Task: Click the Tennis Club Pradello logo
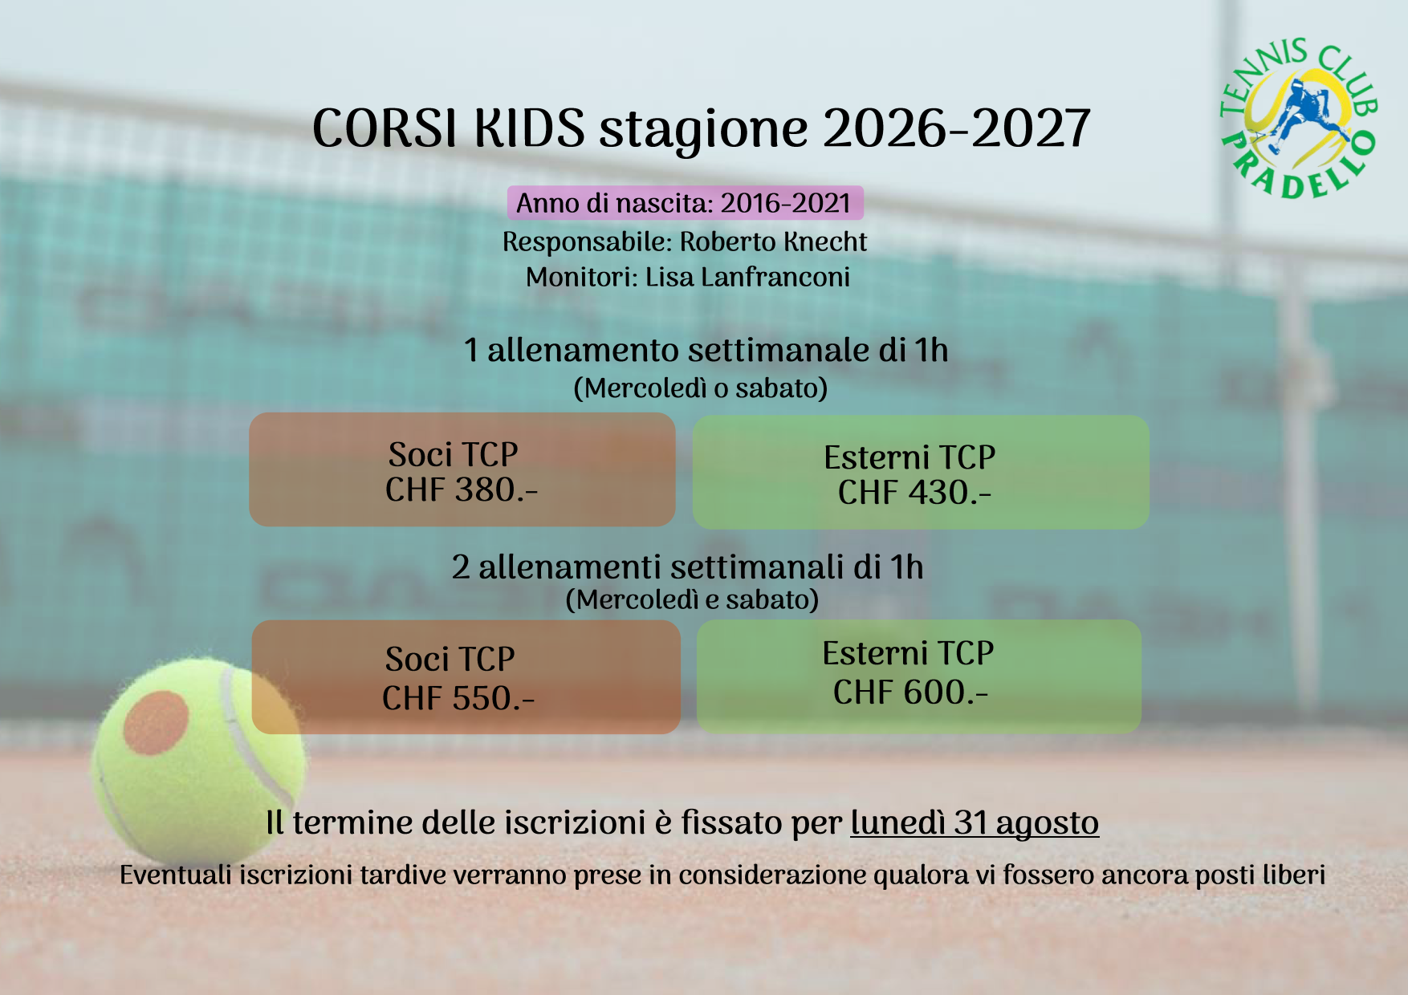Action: tap(1298, 119)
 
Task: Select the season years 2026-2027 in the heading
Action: tap(956, 128)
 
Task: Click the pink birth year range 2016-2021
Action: tap(785, 203)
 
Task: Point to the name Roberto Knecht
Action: tap(773, 242)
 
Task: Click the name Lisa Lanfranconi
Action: tap(747, 277)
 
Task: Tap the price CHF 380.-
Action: tap(462, 489)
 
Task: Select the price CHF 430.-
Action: tap(914, 492)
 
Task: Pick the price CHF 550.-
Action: tap(458, 698)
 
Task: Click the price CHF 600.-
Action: tap(910, 692)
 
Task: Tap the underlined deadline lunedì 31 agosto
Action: tap(975, 822)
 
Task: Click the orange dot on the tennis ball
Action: tap(156, 723)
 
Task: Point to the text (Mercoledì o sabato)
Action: tap(700, 388)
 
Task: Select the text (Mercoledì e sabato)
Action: tap(692, 599)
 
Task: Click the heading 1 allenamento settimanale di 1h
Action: tap(706, 350)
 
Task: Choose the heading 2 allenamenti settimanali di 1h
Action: tap(687, 567)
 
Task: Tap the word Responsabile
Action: tap(588, 242)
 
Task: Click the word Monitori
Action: tap(582, 277)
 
